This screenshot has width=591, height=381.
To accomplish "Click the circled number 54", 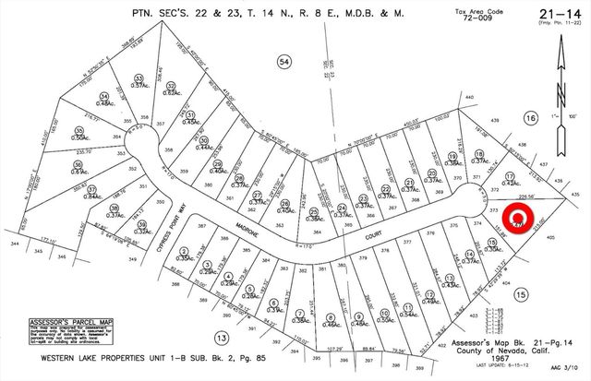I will click(x=284, y=61).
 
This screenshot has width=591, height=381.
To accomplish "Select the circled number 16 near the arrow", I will click(x=530, y=118).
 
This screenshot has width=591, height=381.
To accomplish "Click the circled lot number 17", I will click(x=509, y=174).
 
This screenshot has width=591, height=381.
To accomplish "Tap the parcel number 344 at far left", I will click(x=13, y=244).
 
